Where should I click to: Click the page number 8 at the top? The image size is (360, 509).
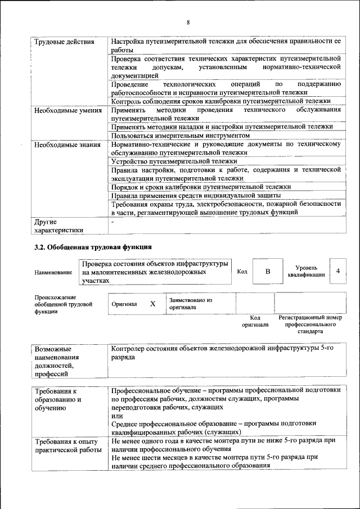coord(188,22)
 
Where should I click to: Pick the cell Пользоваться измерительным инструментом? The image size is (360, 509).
coord(180,136)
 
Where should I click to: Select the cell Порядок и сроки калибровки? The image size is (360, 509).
coord(201,186)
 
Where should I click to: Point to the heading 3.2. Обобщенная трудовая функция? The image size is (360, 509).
coord(93,246)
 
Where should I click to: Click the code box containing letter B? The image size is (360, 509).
coord(268,272)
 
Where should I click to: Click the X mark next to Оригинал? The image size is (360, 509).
coord(152,304)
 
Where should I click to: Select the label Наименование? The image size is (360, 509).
coord(53,272)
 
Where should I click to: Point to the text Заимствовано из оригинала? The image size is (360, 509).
coord(190,304)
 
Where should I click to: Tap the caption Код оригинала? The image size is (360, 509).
coord(255,321)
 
